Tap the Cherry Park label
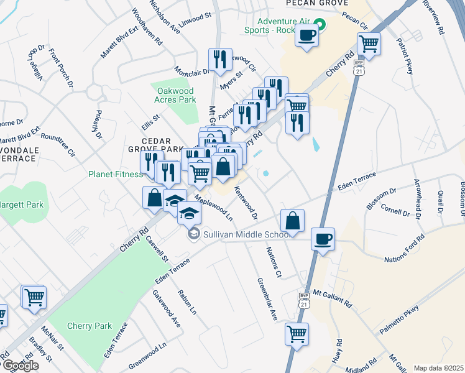[89, 326]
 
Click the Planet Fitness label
[116, 175]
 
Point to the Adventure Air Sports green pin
[320, 25]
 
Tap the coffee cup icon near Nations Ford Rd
[323, 239]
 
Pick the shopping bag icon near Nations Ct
[292, 220]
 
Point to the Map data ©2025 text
[438, 368]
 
